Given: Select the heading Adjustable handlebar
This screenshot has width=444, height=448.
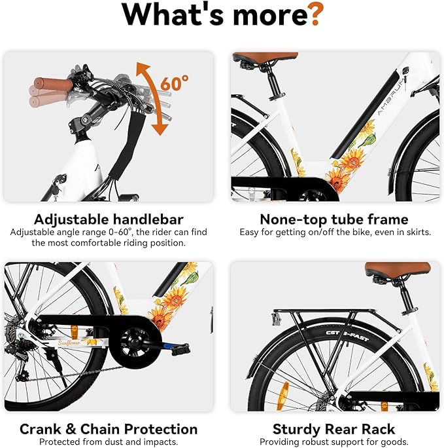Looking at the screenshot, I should (109, 219).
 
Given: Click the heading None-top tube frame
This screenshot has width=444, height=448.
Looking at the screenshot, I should (333, 219).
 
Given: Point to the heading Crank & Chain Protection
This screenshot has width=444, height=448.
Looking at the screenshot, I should (109, 430).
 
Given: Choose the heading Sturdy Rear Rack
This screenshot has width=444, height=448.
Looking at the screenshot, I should (333, 430).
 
